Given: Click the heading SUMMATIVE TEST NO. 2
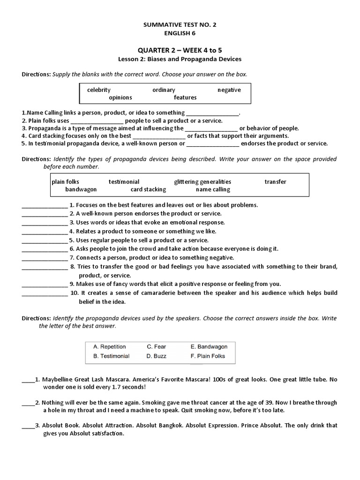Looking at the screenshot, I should [180, 24].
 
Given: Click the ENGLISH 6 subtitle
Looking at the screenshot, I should [180, 33].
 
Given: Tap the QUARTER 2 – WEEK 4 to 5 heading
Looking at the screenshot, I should [180, 50].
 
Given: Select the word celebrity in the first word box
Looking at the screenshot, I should [98, 90].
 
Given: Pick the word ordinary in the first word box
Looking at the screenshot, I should [164, 90].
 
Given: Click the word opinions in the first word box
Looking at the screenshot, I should [120, 97].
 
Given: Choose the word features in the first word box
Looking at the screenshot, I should [185, 97].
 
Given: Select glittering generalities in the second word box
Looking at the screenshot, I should [202, 181].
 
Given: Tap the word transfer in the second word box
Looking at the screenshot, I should [275, 181].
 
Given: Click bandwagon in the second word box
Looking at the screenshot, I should [81, 189].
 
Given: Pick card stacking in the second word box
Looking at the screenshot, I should [148, 189].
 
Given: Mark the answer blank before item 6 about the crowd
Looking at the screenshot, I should [45, 249].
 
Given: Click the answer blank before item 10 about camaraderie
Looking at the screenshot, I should [45, 293].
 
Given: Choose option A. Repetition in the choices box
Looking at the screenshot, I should [110, 347].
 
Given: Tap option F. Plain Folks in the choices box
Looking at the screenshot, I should [208, 356].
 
